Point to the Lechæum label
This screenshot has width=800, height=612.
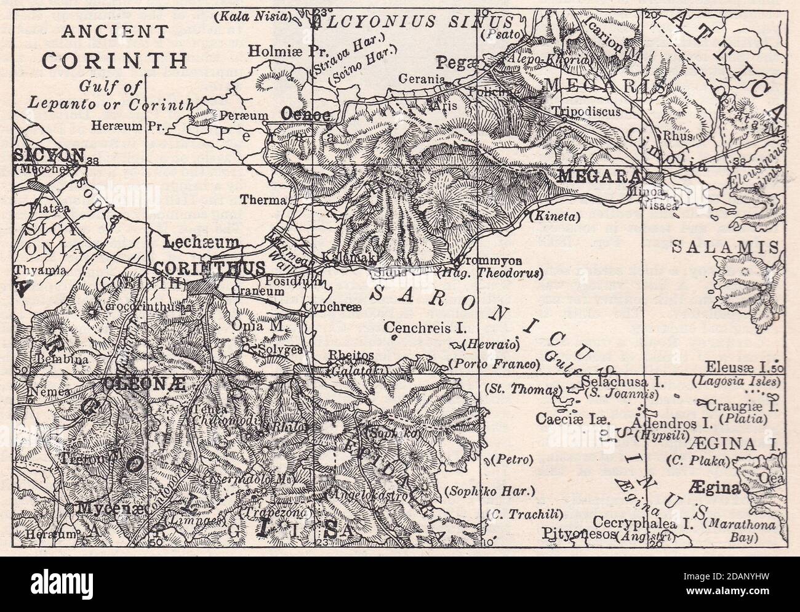pos(201,242)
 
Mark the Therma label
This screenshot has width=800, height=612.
pos(264,200)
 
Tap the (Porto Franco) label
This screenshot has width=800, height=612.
pos(494,363)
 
